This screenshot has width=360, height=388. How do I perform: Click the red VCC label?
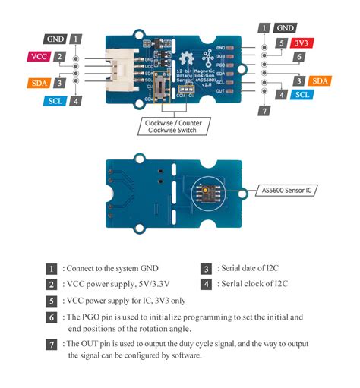point(39,55)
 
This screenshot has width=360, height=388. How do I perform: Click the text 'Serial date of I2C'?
point(253,268)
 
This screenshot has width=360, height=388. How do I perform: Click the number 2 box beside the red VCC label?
point(58,55)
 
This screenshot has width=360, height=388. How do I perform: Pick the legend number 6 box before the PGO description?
point(52,317)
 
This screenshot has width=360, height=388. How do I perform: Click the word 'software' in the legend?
point(185,355)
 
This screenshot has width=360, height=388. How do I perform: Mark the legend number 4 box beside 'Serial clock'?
point(206,285)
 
